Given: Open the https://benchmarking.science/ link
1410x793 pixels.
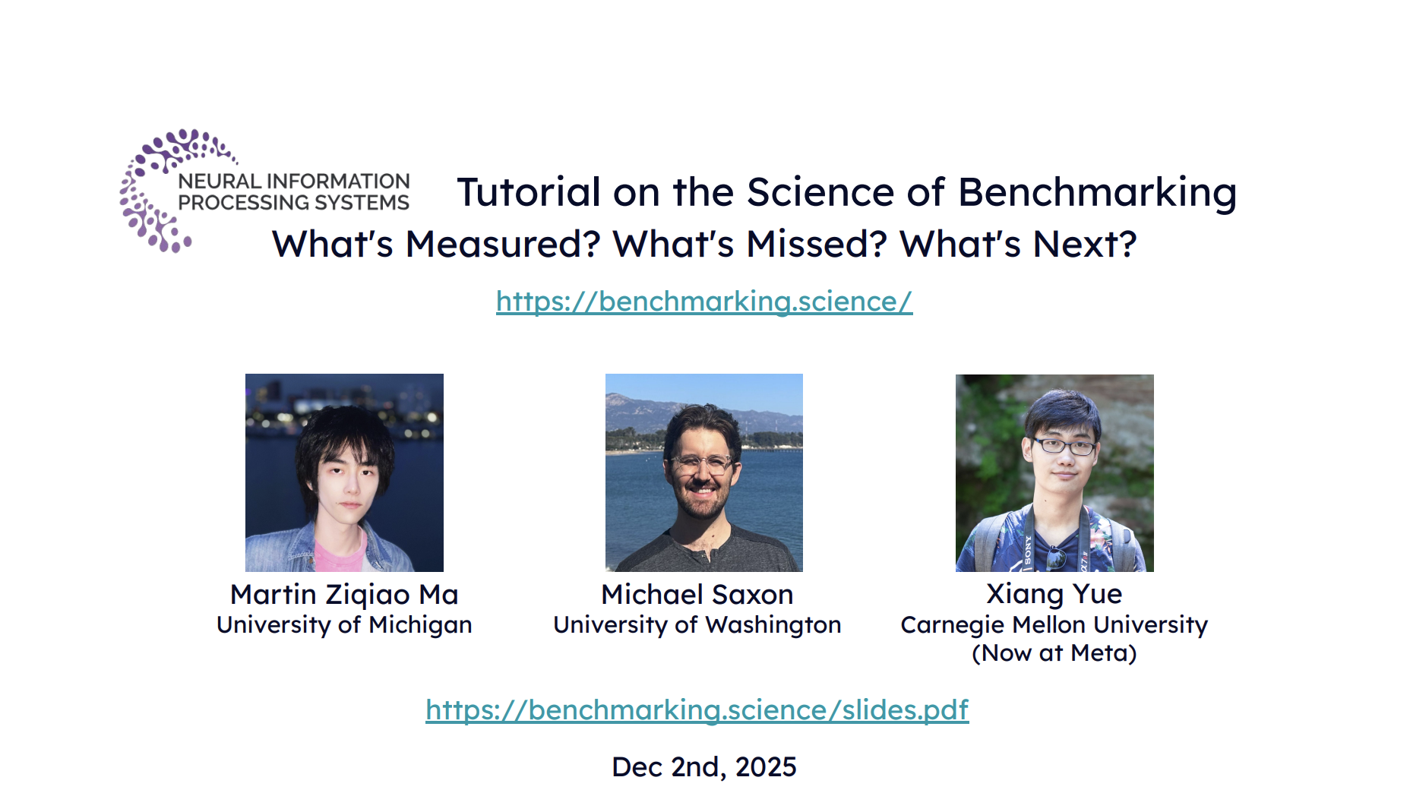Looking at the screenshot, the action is pyautogui.click(x=704, y=302).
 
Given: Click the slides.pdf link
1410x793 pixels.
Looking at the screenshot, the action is pyautogui.click(x=697, y=710).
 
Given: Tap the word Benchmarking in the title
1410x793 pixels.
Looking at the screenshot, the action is pyautogui.click(x=1097, y=193).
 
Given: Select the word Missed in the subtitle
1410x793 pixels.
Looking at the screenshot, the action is pyautogui.click(x=817, y=245).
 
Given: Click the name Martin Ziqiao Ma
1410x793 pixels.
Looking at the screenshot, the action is pyautogui.click(x=344, y=595).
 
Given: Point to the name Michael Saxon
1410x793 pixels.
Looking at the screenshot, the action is pyautogui.click(x=697, y=595).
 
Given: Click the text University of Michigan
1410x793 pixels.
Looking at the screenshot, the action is pyautogui.click(x=344, y=625).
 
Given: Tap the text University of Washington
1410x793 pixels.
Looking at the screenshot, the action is pyautogui.click(x=697, y=625).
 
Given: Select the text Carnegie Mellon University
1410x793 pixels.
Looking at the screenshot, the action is pyautogui.click(x=1054, y=625).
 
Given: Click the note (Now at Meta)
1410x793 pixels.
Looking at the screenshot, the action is pyautogui.click(x=1054, y=653).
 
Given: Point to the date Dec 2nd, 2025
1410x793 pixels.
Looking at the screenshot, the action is pyautogui.click(x=704, y=767).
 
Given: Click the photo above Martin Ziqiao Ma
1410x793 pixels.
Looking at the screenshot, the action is pyautogui.click(x=344, y=472).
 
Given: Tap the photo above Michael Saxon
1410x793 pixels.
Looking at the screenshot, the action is pyautogui.click(x=704, y=472).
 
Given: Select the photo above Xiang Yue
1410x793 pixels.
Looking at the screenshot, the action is pyautogui.click(x=1054, y=473).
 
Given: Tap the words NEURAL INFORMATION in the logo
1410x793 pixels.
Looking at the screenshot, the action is pyautogui.click(x=294, y=182).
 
